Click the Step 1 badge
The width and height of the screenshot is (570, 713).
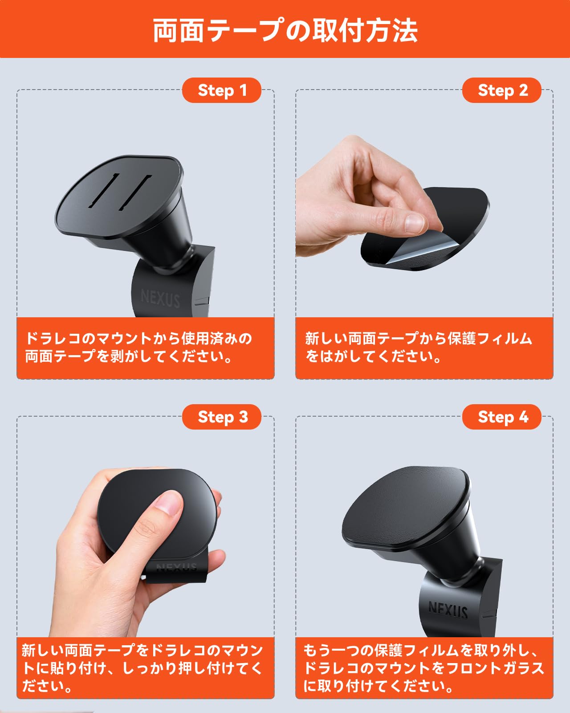pyautogui.click(x=222, y=90)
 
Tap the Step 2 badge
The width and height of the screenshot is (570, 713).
pyautogui.click(x=502, y=90)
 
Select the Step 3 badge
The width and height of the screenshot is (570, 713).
pyautogui.click(x=222, y=417)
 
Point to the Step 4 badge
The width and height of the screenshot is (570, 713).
pyautogui.click(x=502, y=417)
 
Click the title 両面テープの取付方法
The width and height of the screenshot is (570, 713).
pyautogui.click(x=285, y=30)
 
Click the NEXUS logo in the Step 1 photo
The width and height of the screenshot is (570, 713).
pyautogui.click(x=160, y=298)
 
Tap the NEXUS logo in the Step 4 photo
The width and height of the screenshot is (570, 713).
pyautogui.click(x=448, y=609)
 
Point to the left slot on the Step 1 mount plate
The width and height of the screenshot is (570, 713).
pyautogui.click(x=104, y=191)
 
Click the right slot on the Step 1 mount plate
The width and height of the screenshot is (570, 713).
pyautogui.click(x=136, y=192)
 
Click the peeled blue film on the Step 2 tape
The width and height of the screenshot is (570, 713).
pyautogui.click(x=414, y=252)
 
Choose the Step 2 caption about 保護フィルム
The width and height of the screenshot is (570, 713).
pyautogui.click(x=419, y=348)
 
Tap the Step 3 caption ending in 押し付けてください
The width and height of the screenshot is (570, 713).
pyautogui.click(x=142, y=668)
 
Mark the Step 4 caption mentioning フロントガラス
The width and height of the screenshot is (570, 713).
pyautogui.click(x=423, y=668)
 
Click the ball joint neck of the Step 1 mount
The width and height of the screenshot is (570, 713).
pyautogui.click(x=171, y=263)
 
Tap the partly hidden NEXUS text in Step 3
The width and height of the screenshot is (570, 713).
pyautogui.click(x=177, y=567)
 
